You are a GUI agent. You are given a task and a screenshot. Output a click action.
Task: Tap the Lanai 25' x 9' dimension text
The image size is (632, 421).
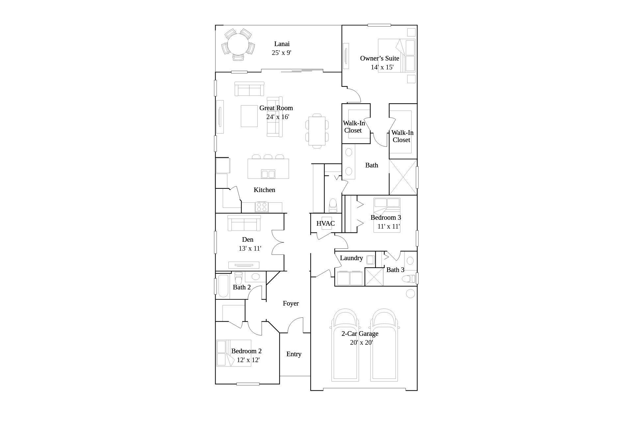coord(281,53)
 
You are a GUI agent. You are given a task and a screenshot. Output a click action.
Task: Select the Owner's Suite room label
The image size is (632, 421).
coord(380,58)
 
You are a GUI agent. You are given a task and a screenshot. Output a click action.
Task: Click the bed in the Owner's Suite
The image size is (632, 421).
coord(397,56)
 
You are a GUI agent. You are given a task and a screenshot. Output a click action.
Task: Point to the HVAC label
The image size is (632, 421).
coord(326,223)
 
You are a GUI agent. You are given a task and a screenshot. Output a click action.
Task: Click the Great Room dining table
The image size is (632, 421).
coord(317,131)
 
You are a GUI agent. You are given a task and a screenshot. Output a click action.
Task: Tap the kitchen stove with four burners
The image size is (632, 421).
coord(262,207)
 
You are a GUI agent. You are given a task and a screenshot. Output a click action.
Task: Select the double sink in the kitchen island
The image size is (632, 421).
coord(268,174)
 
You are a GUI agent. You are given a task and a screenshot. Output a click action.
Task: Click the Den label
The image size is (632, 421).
coord(248,239)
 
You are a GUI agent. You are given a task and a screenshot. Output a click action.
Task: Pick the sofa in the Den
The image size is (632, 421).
coord(244,223)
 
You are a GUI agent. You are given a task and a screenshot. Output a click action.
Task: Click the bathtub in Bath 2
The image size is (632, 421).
coord(224,285)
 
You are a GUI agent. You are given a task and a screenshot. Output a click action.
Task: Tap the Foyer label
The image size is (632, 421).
coord(291,303)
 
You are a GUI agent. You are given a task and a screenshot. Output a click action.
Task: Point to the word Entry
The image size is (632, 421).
coord(294,354)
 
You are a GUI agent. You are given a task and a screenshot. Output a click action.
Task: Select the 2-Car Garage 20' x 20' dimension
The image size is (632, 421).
coord(361,342)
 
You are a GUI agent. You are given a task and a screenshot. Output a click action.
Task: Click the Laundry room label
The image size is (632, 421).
coord(351,258)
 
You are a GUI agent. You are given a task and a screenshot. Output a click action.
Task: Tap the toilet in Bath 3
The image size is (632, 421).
coord(409,279)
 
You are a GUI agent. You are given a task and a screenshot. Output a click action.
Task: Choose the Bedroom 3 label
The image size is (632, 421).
coord(386,217)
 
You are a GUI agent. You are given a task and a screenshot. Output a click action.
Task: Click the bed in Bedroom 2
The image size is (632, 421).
coord(234,353)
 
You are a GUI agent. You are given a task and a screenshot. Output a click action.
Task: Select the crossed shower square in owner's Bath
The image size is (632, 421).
coord(403,177)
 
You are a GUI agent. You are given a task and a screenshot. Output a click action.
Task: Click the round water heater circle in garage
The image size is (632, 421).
coord(410,293)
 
